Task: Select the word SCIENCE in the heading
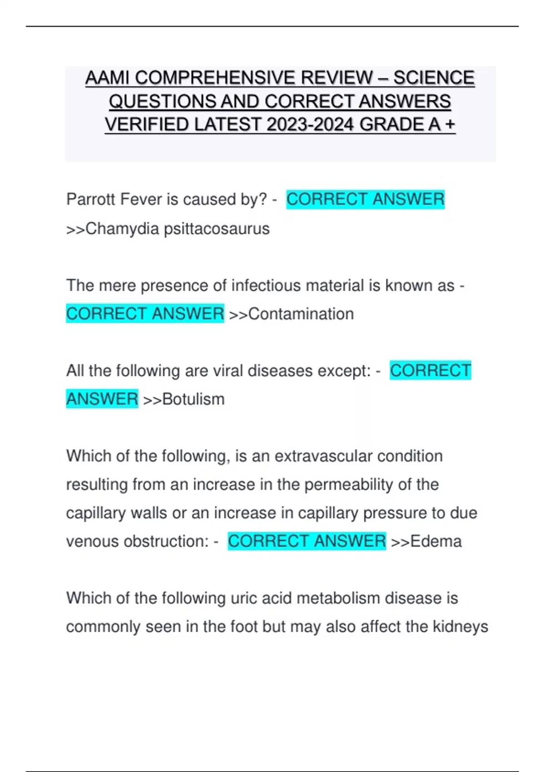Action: point(434,78)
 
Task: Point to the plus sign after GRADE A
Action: point(450,124)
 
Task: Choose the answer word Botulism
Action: point(193,400)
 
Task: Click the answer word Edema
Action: point(436,541)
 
